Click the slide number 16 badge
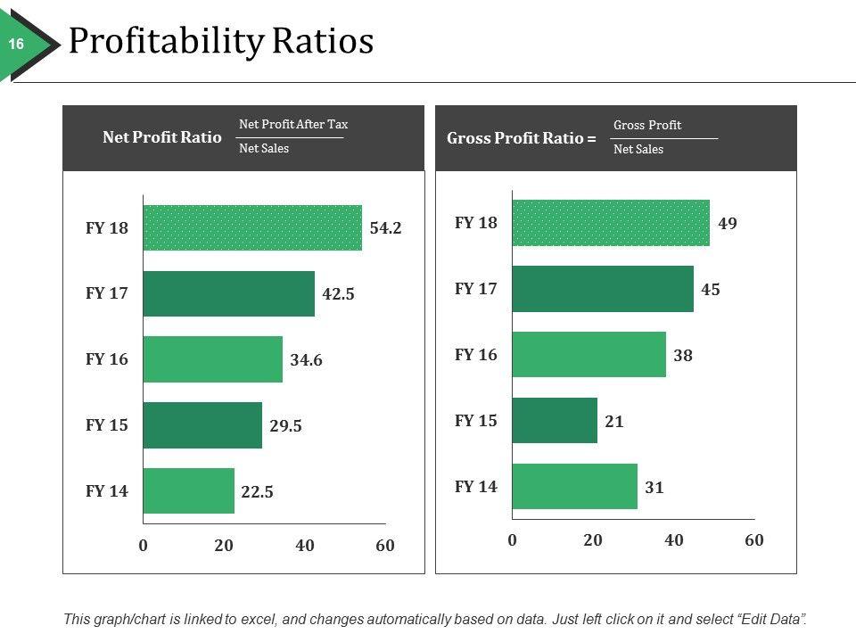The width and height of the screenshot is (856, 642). pyautogui.click(x=16, y=44)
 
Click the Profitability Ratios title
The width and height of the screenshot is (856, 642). pyautogui.click(x=220, y=42)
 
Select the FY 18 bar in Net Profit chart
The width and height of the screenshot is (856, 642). pyautogui.click(x=252, y=228)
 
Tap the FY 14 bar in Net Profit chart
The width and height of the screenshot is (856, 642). pyautogui.click(x=188, y=490)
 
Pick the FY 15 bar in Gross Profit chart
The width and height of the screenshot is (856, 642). pyautogui.click(x=555, y=421)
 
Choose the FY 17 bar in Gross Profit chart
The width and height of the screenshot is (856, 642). pyautogui.click(x=603, y=289)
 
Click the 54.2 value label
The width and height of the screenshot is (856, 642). pyautogui.click(x=385, y=228)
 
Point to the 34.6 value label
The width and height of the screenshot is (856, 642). pyautogui.click(x=306, y=360)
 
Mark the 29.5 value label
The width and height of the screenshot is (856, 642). pyautogui.click(x=285, y=426)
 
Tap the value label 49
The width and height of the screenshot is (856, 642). pyautogui.click(x=728, y=223)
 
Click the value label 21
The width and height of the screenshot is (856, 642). pyautogui.click(x=613, y=422)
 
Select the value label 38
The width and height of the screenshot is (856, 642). pyautogui.click(x=684, y=356)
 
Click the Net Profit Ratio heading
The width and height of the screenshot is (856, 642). pyautogui.click(x=162, y=137)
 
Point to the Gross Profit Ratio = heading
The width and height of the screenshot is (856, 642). pyautogui.click(x=521, y=138)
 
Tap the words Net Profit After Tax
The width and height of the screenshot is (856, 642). pyautogui.click(x=293, y=124)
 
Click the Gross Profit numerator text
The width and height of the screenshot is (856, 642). pyautogui.click(x=647, y=125)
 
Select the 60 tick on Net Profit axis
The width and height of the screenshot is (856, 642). pyautogui.click(x=385, y=546)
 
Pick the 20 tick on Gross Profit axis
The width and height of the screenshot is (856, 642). pyautogui.click(x=593, y=540)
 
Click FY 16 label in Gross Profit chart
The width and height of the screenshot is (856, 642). pyautogui.click(x=476, y=355)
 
